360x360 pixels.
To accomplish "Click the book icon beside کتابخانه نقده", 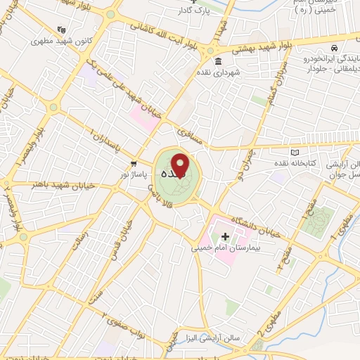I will (x=295, y=152).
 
